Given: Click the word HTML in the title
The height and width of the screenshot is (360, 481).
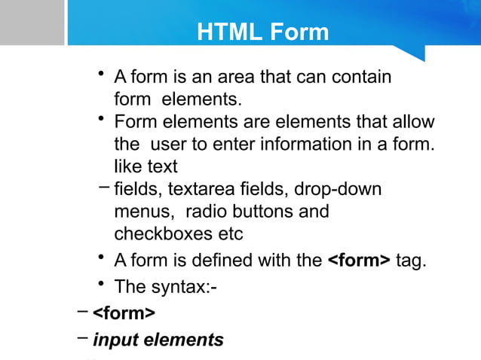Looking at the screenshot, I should (x=228, y=32).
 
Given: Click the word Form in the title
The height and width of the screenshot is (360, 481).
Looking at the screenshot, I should (x=299, y=32).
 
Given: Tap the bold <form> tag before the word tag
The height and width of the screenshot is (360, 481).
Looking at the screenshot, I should (x=359, y=261).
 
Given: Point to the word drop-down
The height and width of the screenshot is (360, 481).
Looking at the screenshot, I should (x=338, y=188).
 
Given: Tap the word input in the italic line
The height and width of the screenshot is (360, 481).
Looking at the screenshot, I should (x=115, y=340).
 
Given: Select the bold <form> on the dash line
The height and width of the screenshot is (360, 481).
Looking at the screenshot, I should (x=124, y=313).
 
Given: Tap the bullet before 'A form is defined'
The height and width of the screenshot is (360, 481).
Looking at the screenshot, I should (x=100, y=258).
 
